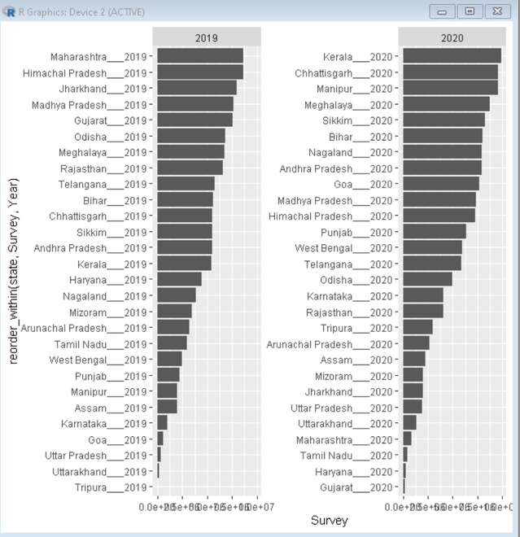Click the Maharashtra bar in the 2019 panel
(200, 56)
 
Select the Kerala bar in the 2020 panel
(452, 56)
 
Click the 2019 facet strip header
(207, 37)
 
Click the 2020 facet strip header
(452, 37)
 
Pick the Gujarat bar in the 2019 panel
(195, 120)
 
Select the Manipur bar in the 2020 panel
(450, 89)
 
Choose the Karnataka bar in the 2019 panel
(163, 423)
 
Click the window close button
(496, 11)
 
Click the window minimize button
(444, 11)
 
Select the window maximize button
(469, 11)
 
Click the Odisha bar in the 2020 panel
(427, 279)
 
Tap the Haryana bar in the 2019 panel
(180, 279)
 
